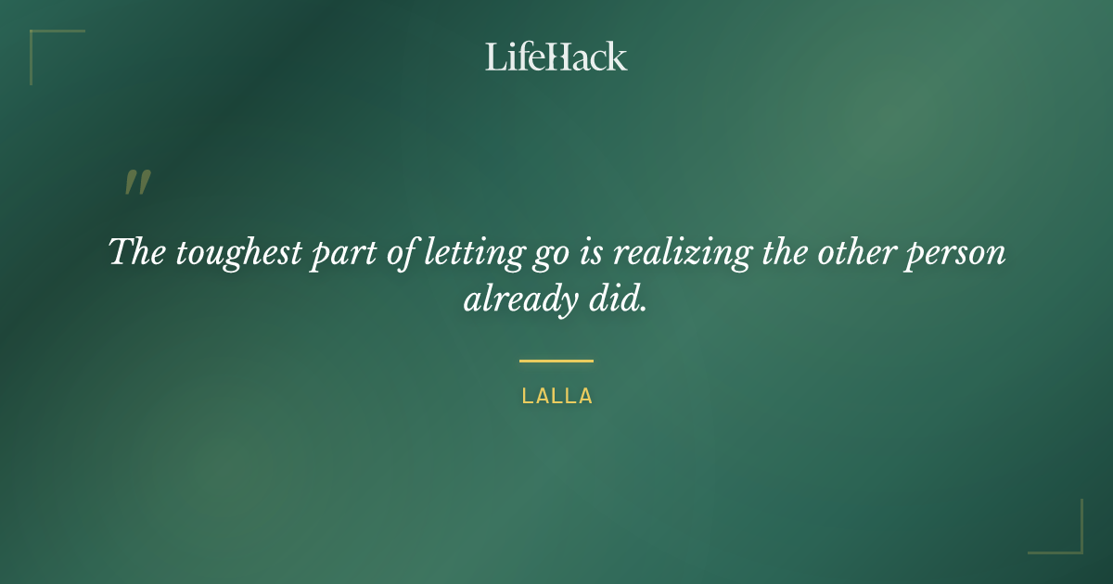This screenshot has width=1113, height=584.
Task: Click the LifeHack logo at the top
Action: coord(556,57)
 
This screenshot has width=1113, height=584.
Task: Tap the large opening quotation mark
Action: coord(137,184)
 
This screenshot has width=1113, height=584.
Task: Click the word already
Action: coord(514,300)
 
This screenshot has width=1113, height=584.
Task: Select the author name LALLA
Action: coord(556,397)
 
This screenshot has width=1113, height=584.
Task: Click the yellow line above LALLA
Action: coord(556,361)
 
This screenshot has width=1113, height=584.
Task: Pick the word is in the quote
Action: coord(595,252)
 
